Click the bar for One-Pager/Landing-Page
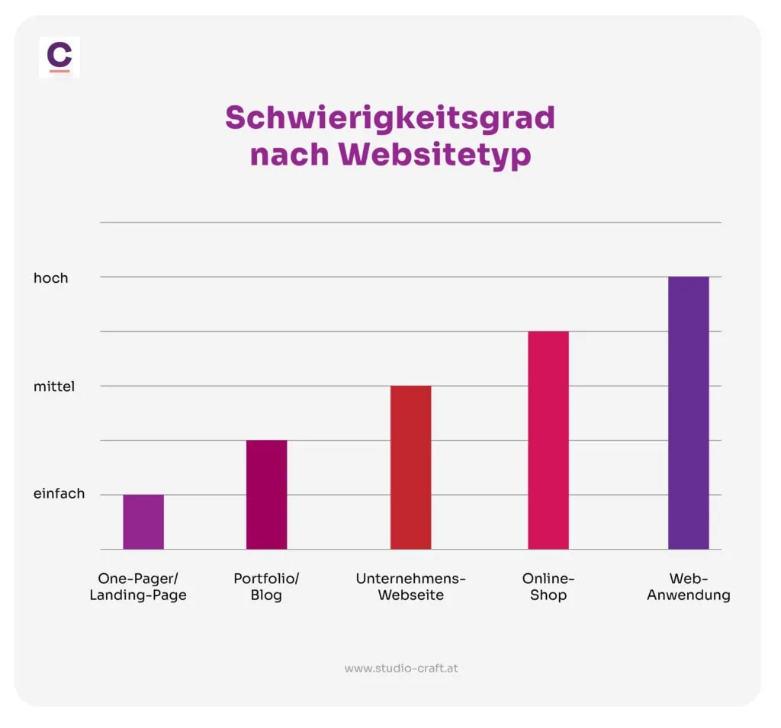143,522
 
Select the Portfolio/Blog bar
266,495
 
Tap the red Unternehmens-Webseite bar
410,467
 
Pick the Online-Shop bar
548,440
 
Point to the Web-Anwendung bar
688,412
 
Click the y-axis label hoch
50,278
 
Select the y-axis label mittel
53,386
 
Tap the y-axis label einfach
59,494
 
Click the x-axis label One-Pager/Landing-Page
138,587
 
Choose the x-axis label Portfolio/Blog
266,587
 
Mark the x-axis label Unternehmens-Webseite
410,587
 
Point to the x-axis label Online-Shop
548,587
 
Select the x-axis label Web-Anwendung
689,587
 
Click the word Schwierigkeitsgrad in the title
390,119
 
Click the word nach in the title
289,155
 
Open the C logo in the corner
59,55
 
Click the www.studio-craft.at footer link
401,669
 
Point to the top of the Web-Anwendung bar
688,278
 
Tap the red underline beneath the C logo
59,71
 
